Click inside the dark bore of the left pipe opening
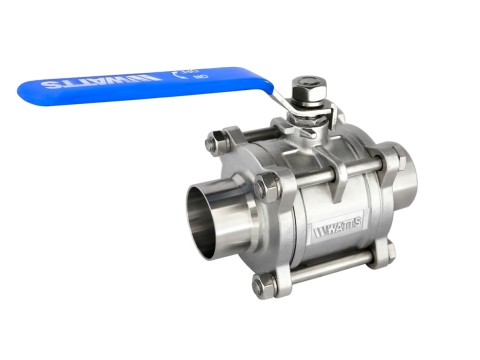[x=208, y=214]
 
